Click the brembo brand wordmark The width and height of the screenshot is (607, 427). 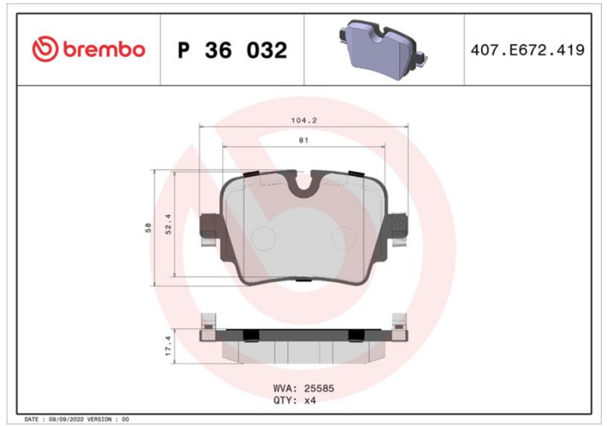tap(104, 49)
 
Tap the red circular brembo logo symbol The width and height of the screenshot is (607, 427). tap(45, 49)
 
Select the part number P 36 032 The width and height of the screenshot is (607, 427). tap(232, 50)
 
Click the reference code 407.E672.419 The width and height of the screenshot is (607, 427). tap(527, 50)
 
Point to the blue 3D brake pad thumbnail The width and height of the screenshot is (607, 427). tap(383, 49)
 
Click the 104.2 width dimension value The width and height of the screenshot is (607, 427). tap(304, 121)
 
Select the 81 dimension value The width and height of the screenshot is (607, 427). tap(303, 140)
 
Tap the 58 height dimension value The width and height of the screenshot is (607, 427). tap(148, 228)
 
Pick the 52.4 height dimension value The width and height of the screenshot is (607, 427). tap(168, 224)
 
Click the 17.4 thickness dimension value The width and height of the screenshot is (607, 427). tap(168, 346)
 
